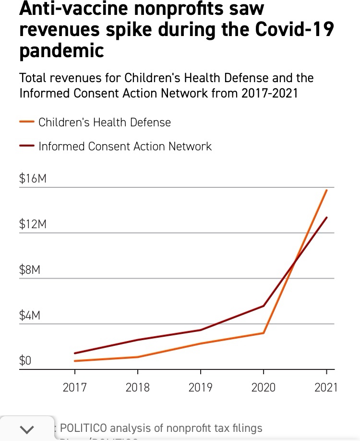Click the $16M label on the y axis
(33, 179)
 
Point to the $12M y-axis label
(33, 224)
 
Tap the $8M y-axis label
(30, 270)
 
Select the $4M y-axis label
(30, 316)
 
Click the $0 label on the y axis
(25, 361)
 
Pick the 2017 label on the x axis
(74, 387)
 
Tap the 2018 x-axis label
(138, 387)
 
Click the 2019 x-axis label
(201, 387)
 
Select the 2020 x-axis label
(264, 387)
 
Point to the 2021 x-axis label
(326, 387)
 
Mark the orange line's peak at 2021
(326, 190)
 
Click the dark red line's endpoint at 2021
(326, 218)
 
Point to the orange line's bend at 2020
(264, 333)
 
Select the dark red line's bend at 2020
(264, 306)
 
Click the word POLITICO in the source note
(87, 428)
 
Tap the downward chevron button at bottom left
(28, 429)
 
